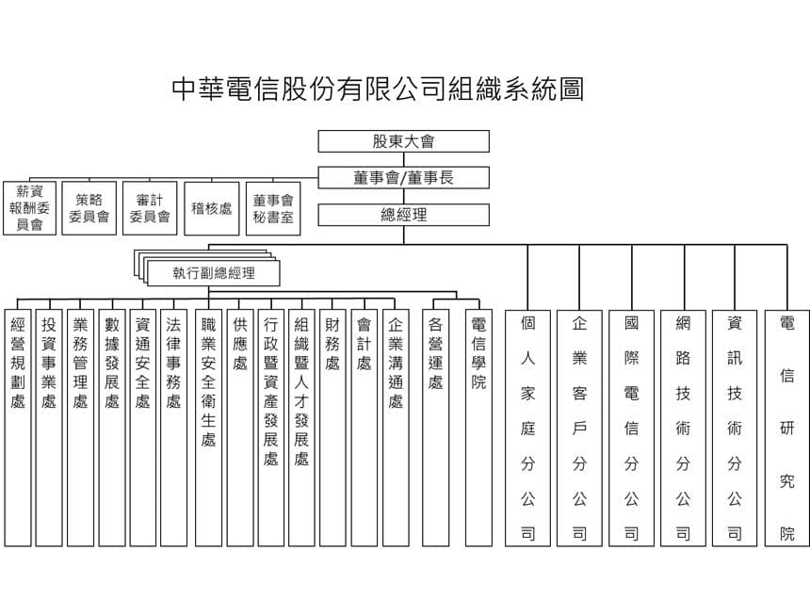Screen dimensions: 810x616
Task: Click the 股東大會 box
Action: point(403,141)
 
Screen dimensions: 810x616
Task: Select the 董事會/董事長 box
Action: point(403,178)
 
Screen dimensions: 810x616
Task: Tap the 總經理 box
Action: point(403,215)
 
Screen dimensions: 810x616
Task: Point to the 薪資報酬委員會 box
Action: point(29,208)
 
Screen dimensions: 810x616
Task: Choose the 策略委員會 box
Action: point(89,208)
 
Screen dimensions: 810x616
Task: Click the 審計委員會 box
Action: point(150,208)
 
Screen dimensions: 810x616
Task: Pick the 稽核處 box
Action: point(212,208)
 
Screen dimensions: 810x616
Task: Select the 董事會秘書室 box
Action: point(273,208)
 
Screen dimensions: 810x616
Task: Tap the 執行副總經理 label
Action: point(214,273)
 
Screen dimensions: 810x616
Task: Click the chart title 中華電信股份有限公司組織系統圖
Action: point(378,89)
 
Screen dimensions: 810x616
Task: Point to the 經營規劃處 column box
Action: point(18,428)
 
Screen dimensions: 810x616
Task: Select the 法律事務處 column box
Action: point(173,428)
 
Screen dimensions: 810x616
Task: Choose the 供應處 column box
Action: point(239,428)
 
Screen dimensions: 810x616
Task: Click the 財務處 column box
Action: point(332,428)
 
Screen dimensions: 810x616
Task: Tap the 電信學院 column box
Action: point(478,428)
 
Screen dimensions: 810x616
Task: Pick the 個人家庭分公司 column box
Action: point(527,428)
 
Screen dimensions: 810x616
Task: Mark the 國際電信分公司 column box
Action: point(631,428)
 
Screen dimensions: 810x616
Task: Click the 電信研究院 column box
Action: point(786,428)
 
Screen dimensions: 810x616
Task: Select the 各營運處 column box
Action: point(435,428)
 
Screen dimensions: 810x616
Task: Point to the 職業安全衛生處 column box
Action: point(208,428)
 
